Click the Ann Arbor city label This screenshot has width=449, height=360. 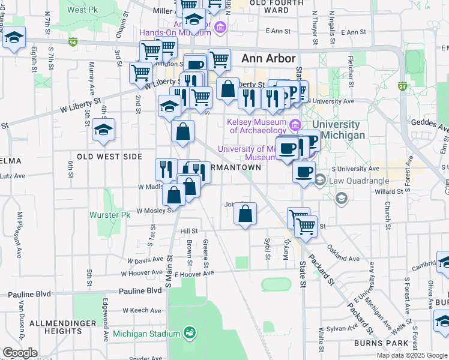(268, 59)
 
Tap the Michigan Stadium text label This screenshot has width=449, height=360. (146, 334)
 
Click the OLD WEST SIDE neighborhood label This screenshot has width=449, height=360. (103, 157)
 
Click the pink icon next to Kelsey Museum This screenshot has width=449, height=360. (295, 125)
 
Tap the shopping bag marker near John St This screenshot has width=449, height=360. (245, 214)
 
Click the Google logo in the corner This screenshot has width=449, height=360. (20, 353)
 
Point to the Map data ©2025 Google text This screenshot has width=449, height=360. (412, 355)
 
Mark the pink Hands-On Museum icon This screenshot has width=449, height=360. (220, 27)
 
